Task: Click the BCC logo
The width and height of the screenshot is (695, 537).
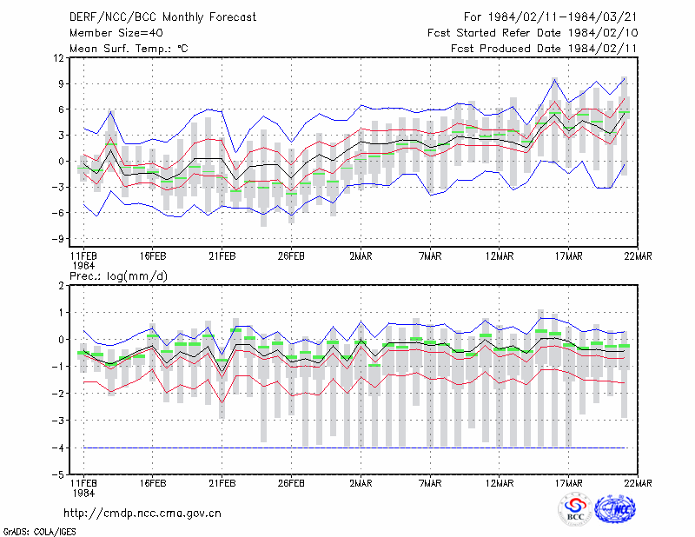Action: tap(575, 509)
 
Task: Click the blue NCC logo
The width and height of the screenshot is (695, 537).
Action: tap(615, 509)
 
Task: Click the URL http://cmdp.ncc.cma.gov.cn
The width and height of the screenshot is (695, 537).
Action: tap(142, 514)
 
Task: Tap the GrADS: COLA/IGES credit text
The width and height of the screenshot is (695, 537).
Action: tap(39, 532)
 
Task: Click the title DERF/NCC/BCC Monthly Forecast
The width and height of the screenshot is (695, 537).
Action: tap(162, 17)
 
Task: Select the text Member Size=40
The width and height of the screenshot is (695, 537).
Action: tap(116, 33)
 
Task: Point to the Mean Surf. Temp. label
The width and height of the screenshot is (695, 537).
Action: tap(129, 49)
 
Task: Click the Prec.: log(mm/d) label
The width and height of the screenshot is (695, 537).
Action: tap(118, 276)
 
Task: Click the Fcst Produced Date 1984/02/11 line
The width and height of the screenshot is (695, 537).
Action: tap(544, 49)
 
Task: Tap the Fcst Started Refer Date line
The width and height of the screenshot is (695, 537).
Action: tap(533, 33)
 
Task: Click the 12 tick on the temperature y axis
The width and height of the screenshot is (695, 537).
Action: tap(59, 58)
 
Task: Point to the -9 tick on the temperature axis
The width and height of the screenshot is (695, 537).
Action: tap(57, 239)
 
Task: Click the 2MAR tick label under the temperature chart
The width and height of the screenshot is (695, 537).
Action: tap(361, 256)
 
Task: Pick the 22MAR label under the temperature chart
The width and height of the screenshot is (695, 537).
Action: tap(638, 256)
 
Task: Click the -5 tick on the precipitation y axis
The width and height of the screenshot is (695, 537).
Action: tap(57, 475)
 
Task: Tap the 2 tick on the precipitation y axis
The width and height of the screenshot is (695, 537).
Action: tap(61, 286)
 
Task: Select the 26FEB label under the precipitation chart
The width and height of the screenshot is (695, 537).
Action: tap(291, 483)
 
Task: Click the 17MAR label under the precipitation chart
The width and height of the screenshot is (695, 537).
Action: tap(569, 483)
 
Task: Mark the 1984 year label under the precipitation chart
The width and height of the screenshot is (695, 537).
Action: tap(83, 493)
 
